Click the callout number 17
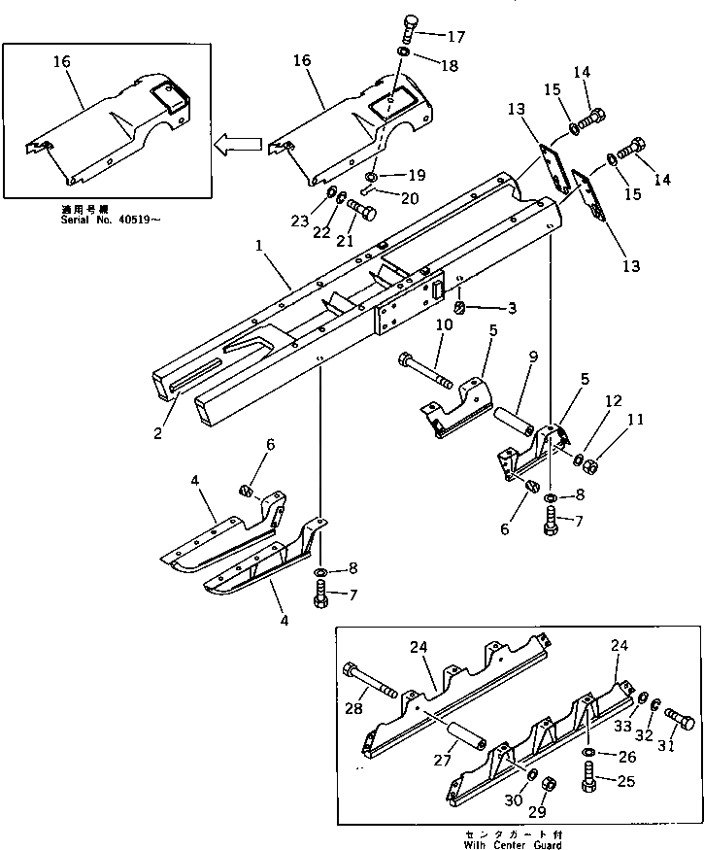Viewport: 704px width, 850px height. click(454, 37)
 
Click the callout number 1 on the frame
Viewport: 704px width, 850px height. click(259, 250)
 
